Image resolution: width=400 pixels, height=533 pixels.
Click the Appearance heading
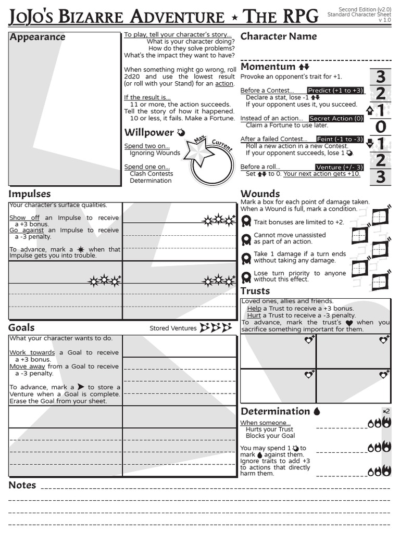click(x=37, y=37)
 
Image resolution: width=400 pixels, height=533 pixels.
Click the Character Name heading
click(x=278, y=36)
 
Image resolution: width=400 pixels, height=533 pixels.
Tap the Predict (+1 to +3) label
click(x=335, y=91)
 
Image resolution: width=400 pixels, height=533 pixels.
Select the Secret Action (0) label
click(x=336, y=119)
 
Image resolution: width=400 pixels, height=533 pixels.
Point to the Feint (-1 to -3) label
click(x=340, y=139)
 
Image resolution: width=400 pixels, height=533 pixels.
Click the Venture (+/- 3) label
click(x=339, y=167)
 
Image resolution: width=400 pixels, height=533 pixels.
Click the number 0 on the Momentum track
click(x=381, y=126)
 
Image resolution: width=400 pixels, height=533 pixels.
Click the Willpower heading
click(x=149, y=133)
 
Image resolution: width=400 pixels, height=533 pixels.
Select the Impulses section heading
click(x=30, y=194)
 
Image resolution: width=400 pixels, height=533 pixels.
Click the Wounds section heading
click(x=260, y=194)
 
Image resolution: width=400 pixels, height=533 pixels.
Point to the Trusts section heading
click(x=255, y=291)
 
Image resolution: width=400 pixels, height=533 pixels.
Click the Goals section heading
click(x=21, y=327)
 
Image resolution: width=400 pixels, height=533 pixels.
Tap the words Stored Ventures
click(x=173, y=328)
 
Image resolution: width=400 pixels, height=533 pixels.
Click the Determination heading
click(x=275, y=411)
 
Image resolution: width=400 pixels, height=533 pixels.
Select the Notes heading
click(x=22, y=485)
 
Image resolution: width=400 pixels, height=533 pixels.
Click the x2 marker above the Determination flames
click(x=386, y=411)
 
